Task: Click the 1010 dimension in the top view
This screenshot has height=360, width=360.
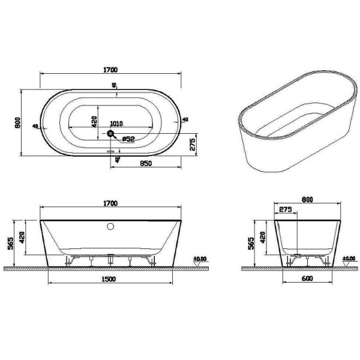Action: pos(116,123)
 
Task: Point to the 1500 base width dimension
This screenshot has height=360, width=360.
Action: pos(108,279)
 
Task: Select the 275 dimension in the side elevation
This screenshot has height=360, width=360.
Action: pos(285,210)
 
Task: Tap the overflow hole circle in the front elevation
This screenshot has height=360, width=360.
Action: pos(110,227)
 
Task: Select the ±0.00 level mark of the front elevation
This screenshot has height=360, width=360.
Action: pos(200,259)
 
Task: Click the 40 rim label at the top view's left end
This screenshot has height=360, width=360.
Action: pos(36,127)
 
